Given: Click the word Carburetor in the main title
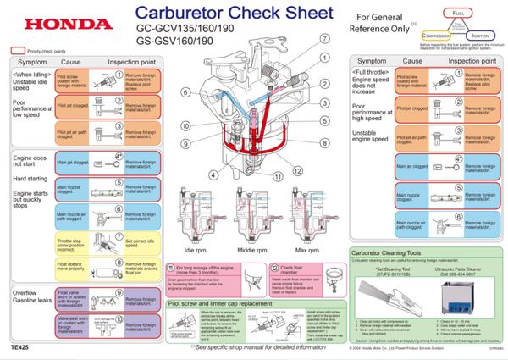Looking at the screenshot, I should coord(174,14).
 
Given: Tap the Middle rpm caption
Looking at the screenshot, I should coord(251,251).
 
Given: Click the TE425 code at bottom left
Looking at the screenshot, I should coord(20,347).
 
